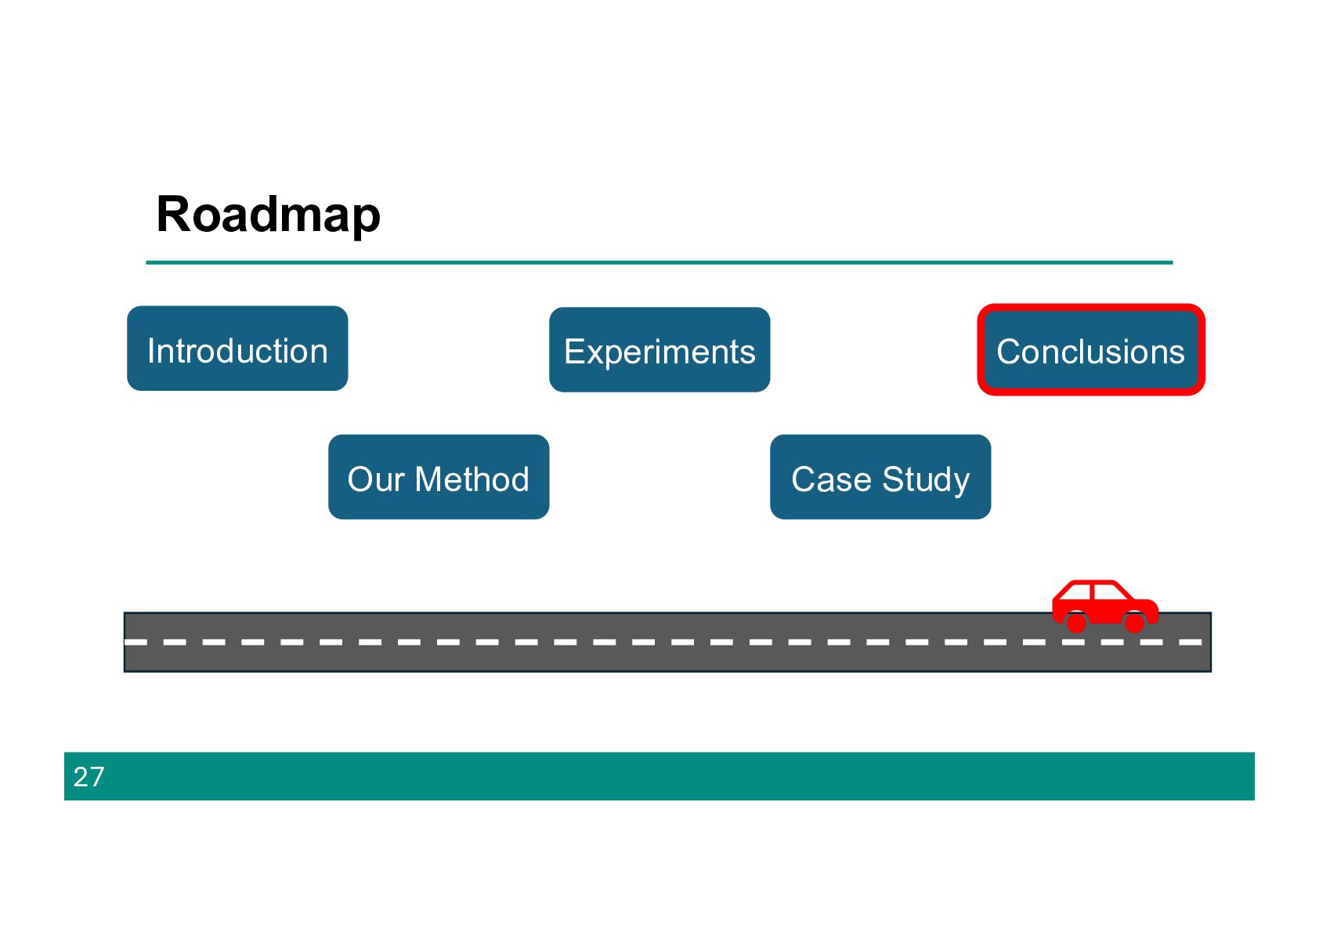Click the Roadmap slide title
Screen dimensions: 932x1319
[x=268, y=215]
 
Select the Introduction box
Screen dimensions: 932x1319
[x=237, y=349]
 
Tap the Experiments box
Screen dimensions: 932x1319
[x=659, y=350]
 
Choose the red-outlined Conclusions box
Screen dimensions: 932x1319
[x=1090, y=350]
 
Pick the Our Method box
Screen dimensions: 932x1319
[x=439, y=477]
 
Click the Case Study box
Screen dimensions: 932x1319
[x=880, y=477]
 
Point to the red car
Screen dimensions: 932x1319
[x=1104, y=607]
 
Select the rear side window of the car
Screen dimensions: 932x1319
[x=1077, y=592]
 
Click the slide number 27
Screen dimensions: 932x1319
[x=89, y=777]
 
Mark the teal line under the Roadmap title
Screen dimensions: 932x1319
[x=659, y=262]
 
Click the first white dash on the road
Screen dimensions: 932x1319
[x=136, y=642]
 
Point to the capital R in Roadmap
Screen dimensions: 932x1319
[x=174, y=214]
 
